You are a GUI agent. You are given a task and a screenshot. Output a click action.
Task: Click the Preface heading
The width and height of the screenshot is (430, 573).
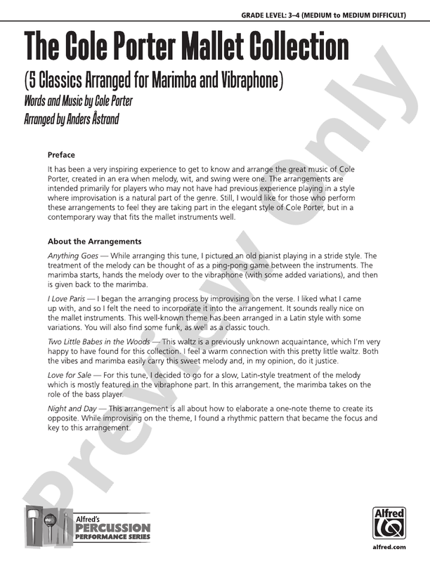coord(61,155)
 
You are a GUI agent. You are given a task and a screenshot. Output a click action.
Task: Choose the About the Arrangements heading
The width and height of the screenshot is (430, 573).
coord(94,242)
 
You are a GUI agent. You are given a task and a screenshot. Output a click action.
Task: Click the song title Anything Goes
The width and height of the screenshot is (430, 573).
coord(73,256)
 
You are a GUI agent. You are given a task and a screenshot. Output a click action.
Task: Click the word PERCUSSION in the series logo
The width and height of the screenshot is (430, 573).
coord(112,527)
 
